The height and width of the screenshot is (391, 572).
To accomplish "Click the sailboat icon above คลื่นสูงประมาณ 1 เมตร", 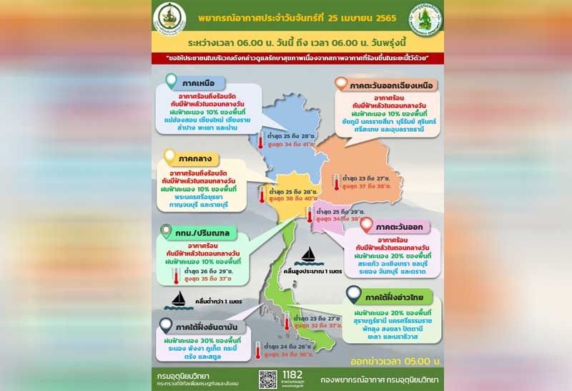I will (310, 255).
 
